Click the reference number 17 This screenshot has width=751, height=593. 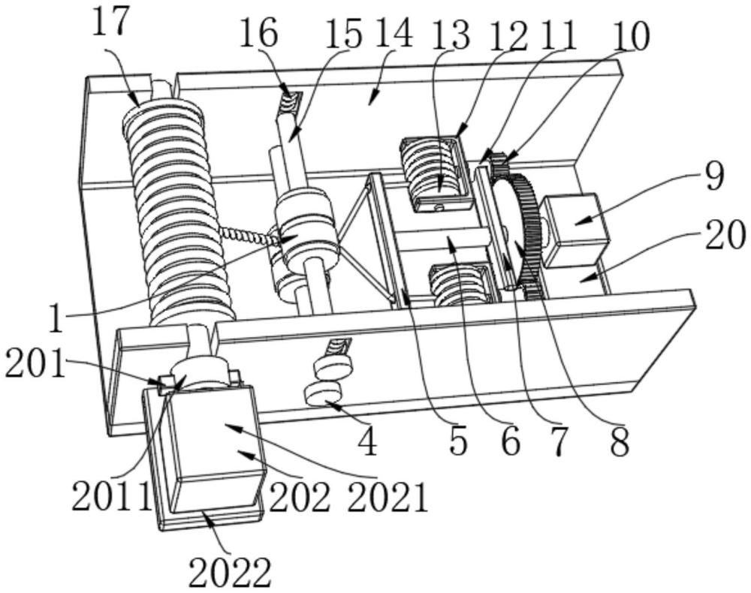pyautogui.click(x=110, y=22)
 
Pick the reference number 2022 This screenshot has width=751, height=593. pyautogui.click(x=230, y=573)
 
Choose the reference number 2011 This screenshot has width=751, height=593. pyautogui.click(x=112, y=496)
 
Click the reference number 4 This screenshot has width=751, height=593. pyautogui.click(x=368, y=442)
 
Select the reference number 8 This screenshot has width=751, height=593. pyautogui.click(x=620, y=442)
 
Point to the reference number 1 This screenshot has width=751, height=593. pyautogui.click(x=56, y=320)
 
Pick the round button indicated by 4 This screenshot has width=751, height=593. pyautogui.click(x=323, y=394)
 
